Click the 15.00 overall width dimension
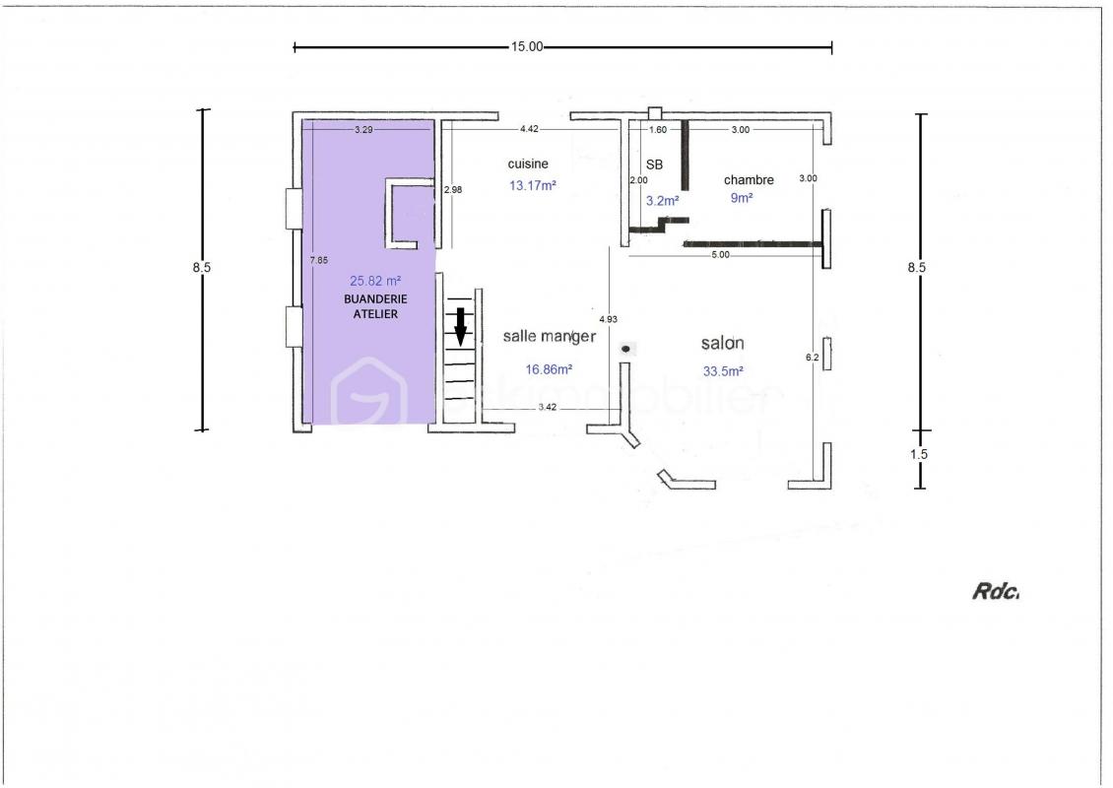coord(527,47)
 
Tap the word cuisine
coord(528,164)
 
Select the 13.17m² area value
coord(532,186)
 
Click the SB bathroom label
coord(654,164)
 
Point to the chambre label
coord(749,180)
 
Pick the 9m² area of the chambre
coord(742,198)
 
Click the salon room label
coord(723,344)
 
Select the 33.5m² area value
coord(723,371)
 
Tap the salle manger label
coord(550,337)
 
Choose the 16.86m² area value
coord(549,369)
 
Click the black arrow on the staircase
coord(461,326)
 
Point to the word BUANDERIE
coord(375,299)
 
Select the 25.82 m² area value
coord(375,281)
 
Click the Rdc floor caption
coord(995,591)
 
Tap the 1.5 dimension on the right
coord(919,454)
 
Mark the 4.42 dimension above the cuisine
coord(529,129)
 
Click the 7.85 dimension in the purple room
coord(319,261)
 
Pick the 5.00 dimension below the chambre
coord(720,255)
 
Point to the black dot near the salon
coord(626,348)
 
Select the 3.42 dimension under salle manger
coord(548,407)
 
